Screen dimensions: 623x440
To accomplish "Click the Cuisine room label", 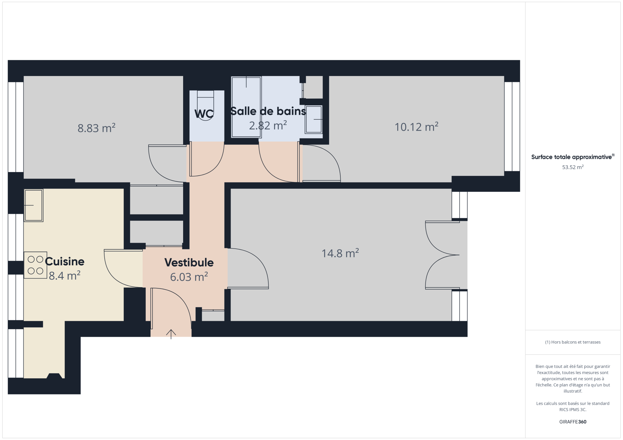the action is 64,261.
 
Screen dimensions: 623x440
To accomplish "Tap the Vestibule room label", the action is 189,263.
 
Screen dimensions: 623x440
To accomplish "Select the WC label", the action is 204,114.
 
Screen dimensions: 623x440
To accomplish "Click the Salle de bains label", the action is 268,111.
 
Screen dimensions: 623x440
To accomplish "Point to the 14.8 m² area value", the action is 340,253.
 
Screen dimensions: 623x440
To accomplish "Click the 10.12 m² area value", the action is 416,126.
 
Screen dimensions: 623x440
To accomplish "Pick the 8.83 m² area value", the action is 96,128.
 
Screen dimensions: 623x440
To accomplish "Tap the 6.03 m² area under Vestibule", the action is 189,277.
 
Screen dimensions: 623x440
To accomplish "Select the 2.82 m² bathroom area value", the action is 268,125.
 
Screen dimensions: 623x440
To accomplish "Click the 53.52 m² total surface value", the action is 573,167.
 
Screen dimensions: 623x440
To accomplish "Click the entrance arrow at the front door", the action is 171,334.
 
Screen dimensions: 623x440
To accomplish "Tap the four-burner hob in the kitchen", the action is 35,265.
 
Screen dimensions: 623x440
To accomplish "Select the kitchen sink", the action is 33,205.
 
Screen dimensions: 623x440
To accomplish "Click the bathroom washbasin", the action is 314,119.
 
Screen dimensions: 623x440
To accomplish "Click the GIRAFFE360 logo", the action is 573,422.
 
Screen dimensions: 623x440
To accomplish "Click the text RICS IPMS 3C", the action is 573,410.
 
